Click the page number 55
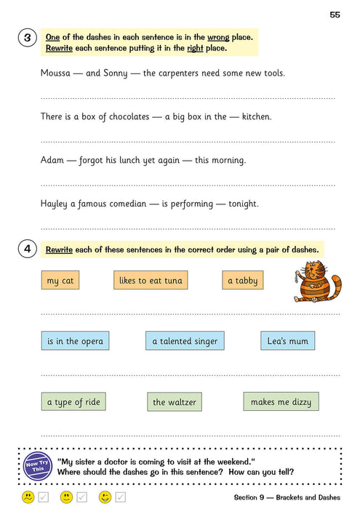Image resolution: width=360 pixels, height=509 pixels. click(335, 15)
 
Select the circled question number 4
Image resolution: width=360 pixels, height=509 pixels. click(27, 249)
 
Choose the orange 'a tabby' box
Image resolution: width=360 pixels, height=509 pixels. click(242, 281)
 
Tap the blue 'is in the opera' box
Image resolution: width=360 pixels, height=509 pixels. click(76, 341)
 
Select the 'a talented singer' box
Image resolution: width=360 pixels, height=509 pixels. click(184, 341)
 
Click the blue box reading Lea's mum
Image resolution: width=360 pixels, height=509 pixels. click(287, 340)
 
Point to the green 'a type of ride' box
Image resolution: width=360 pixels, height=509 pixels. click(73, 402)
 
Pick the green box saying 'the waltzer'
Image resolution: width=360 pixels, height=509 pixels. click(174, 402)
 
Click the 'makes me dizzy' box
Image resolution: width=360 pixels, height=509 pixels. click(281, 402)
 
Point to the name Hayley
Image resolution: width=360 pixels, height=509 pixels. click(55, 204)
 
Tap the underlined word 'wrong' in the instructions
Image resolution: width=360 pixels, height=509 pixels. click(217, 36)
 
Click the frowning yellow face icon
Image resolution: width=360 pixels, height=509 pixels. click(28, 497)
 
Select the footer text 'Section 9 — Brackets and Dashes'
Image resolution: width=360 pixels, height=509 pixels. click(287, 497)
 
